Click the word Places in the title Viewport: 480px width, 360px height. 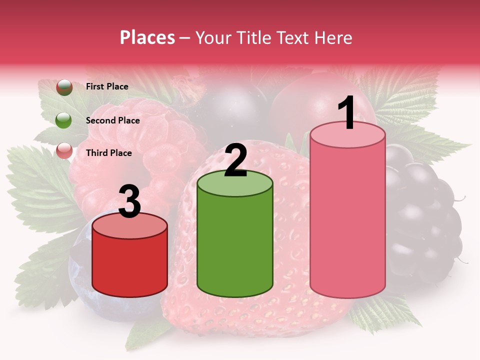147,37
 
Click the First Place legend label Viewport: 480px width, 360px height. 107,86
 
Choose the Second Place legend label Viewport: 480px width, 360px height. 112,120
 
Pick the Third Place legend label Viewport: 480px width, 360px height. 108,153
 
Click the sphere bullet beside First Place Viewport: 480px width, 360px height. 64,87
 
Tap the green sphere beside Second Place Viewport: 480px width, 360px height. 64,120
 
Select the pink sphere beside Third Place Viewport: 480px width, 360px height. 64,151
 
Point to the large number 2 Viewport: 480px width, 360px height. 236,161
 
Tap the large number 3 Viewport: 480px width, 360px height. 129,202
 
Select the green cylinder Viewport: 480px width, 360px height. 235,245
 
